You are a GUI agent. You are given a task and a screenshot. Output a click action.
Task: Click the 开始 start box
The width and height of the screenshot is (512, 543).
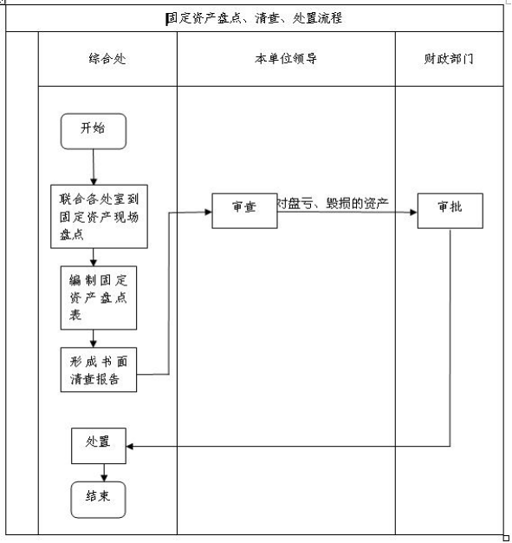[94, 132]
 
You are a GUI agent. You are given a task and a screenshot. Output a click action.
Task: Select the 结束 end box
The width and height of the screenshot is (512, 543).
[98, 500]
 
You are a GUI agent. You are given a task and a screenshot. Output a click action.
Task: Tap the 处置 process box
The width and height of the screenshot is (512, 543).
[99, 446]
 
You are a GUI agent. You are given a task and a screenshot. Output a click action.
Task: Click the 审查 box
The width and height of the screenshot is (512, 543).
[244, 211]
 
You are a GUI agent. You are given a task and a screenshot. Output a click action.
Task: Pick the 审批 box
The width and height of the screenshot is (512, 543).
[450, 211]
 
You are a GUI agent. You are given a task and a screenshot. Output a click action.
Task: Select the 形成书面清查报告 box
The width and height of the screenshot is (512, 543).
[99, 370]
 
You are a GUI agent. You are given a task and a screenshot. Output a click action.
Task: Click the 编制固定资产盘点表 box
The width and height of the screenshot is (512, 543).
[99, 298]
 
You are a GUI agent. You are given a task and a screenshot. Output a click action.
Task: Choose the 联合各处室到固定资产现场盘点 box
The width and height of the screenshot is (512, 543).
[100, 217]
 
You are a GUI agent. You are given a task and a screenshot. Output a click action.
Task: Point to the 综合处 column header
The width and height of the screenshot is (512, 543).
[107, 59]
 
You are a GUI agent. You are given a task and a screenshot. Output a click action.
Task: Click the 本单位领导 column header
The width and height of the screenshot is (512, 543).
[286, 59]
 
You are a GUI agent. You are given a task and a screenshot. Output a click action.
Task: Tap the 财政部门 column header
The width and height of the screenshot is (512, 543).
[449, 59]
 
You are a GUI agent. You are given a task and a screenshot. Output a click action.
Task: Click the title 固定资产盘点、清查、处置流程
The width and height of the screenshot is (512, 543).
[255, 18]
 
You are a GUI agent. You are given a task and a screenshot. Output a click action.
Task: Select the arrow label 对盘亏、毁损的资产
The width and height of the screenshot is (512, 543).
[333, 203]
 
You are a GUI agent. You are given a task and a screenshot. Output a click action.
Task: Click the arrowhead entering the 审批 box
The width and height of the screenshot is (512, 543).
[413, 213]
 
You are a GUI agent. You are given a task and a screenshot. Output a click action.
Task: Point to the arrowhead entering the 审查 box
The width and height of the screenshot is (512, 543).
[208, 212]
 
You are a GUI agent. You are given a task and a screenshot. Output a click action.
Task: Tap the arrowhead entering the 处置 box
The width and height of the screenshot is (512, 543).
[130, 447]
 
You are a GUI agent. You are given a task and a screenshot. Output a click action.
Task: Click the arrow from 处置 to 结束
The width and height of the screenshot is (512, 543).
[104, 473]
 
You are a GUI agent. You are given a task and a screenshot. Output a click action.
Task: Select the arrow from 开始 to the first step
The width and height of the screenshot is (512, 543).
[94, 167]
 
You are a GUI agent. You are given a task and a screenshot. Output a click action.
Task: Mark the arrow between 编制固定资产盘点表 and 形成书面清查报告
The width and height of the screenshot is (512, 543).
[93, 338]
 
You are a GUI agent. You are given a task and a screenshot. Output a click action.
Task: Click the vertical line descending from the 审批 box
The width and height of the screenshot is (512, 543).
[450, 337]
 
